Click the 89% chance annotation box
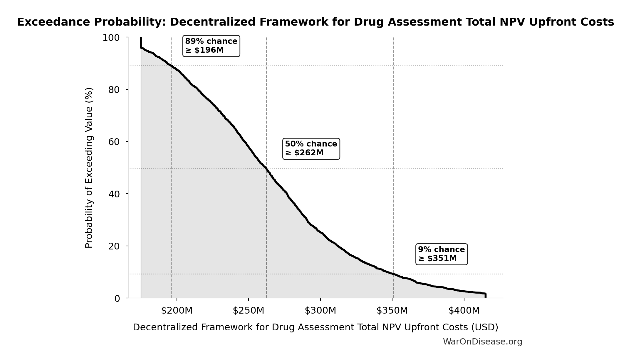click(x=211, y=46)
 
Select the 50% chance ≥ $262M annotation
click(x=311, y=149)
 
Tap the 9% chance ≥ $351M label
click(x=441, y=254)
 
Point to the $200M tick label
click(x=177, y=311)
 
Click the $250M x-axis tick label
click(x=249, y=311)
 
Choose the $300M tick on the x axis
click(x=320, y=311)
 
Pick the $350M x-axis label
click(x=392, y=311)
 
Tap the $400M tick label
click(x=464, y=311)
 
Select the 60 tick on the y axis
click(x=114, y=142)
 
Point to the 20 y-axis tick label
click(x=114, y=246)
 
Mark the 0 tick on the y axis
click(x=117, y=299)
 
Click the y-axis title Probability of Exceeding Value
click(x=89, y=168)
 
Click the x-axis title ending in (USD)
click(x=315, y=327)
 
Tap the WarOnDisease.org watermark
click(x=482, y=342)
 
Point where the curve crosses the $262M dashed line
click(x=266, y=168)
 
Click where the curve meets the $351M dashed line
click(x=393, y=274)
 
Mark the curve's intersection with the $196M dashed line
click(x=171, y=66)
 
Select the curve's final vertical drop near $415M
click(x=485, y=295)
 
